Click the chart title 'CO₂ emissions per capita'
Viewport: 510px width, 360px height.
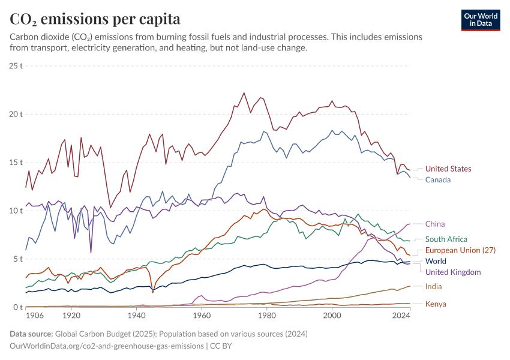tap(95, 19)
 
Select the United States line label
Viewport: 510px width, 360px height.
tap(448, 169)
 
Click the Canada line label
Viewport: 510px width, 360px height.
tap(437, 180)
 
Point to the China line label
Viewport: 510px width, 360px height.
tap(435, 224)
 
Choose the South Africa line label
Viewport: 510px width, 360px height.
tap(446, 239)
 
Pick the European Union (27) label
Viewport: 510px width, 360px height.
tap(461, 250)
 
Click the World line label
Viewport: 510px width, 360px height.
tap(436, 262)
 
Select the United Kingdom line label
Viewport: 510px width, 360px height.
tap(453, 272)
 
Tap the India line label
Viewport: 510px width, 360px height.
tap(434, 287)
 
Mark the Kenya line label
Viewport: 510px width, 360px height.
tap(436, 304)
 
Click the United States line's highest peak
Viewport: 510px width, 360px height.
tap(244, 93)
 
